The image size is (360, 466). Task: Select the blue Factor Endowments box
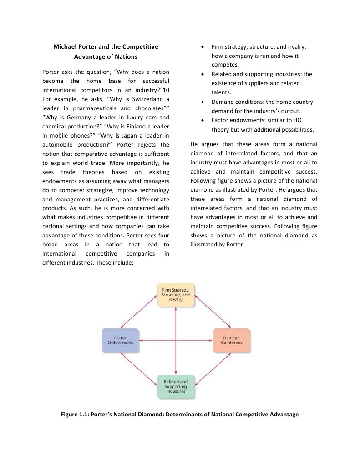point(120,340)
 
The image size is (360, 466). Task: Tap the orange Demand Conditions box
point(232,340)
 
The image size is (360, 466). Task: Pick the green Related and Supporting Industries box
point(176,387)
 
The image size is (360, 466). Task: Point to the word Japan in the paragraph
point(135,136)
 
